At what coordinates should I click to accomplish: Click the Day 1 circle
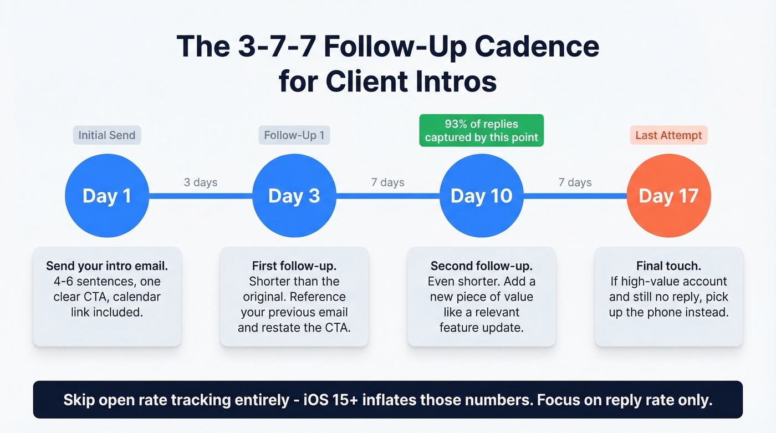pyautogui.click(x=107, y=196)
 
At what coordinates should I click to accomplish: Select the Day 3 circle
pyautogui.click(x=294, y=196)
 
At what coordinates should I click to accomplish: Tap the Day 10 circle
pyautogui.click(x=481, y=196)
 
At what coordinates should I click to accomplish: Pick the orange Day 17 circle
pyautogui.click(x=668, y=196)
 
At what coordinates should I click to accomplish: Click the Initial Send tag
pyautogui.click(x=107, y=135)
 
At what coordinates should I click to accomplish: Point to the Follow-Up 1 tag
pyautogui.click(x=294, y=135)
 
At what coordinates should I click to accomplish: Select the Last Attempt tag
pyautogui.click(x=668, y=135)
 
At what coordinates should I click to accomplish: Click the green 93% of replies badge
pyautogui.click(x=481, y=130)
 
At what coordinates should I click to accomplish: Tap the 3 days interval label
pyautogui.click(x=201, y=182)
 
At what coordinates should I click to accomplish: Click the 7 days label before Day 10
pyautogui.click(x=387, y=182)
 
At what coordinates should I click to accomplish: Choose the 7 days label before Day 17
pyautogui.click(x=575, y=182)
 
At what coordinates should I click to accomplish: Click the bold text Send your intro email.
pyautogui.click(x=107, y=266)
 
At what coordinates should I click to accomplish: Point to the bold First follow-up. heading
pyautogui.click(x=294, y=266)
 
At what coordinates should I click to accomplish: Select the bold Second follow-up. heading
pyautogui.click(x=481, y=266)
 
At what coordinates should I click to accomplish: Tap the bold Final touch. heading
pyautogui.click(x=668, y=266)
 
